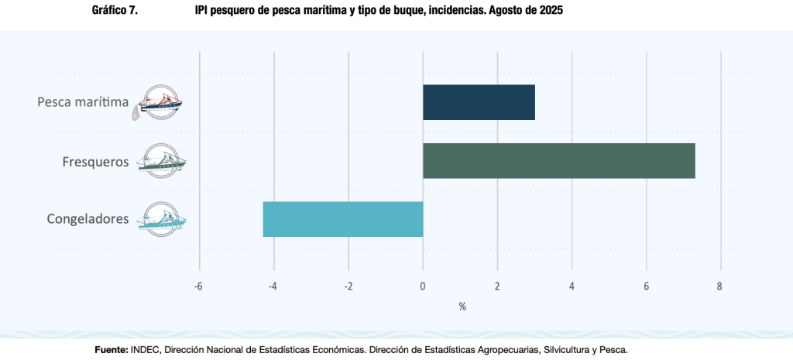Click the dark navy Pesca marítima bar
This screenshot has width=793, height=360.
pyautogui.click(x=479, y=102)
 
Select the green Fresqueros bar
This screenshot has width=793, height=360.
pyautogui.click(x=558, y=161)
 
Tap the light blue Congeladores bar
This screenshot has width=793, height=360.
pyautogui.click(x=343, y=219)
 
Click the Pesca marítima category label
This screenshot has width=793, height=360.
pyautogui.click(x=83, y=101)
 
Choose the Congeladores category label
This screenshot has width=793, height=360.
pyautogui.click(x=88, y=219)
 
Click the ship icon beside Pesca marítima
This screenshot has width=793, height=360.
pyautogui.click(x=160, y=101)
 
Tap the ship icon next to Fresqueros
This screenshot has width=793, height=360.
pyautogui.click(x=161, y=161)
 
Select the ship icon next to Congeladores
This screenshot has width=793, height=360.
pyautogui.click(x=161, y=219)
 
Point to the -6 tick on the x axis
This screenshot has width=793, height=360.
pyautogui.click(x=198, y=286)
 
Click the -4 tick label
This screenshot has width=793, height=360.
pyautogui.click(x=273, y=286)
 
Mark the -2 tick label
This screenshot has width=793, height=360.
pyautogui.click(x=348, y=286)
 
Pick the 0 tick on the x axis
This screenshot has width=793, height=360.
pyautogui.click(x=423, y=286)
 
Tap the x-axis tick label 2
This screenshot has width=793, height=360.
pyautogui.click(x=497, y=286)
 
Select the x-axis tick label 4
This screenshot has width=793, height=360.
pyautogui.click(x=572, y=286)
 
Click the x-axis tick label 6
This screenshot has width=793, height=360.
pyautogui.click(x=646, y=286)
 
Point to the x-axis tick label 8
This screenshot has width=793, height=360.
pyautogui.click(x=720, y=286)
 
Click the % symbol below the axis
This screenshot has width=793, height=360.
pyautogui.click(x=462, y=307)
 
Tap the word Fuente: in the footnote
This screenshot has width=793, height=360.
pyautogui.click(x=111, y=350)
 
